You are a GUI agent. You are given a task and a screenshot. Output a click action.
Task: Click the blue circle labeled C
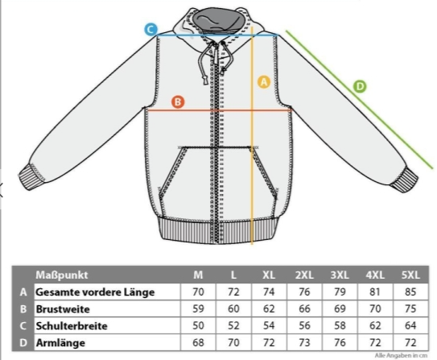point(150,29)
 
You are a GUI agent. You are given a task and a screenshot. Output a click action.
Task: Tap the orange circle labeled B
point(178,101)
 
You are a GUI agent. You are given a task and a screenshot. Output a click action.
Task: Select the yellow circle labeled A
point(264,82)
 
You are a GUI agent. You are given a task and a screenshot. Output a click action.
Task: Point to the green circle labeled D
point(360,86)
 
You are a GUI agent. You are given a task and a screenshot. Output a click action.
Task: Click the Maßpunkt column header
point(62,275)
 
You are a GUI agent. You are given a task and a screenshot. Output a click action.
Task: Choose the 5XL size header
point(410,275)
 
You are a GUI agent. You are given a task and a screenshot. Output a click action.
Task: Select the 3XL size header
point(340,275)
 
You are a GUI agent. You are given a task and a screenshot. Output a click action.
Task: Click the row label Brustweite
point(63,309)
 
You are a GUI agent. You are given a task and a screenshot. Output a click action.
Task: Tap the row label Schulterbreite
point(72,326)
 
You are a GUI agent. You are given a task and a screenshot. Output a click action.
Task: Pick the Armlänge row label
point(60,343)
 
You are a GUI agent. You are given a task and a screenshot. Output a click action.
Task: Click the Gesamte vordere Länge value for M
point(198,292)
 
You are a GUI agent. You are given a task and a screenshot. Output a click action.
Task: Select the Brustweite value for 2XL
point(304,309)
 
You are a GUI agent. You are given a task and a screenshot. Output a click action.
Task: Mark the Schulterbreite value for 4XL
point(375,325)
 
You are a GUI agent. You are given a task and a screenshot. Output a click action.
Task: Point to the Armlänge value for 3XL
point(340,342)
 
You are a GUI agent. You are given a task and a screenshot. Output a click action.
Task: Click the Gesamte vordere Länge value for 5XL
point(410,292)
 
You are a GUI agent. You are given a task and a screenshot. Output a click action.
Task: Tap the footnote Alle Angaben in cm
point(401,355)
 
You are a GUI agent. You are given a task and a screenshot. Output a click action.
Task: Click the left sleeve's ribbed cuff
point(32,176)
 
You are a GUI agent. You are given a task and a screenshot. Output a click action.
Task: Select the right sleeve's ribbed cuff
point(404,180)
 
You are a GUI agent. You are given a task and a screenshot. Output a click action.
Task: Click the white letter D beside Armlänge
point(23,343)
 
